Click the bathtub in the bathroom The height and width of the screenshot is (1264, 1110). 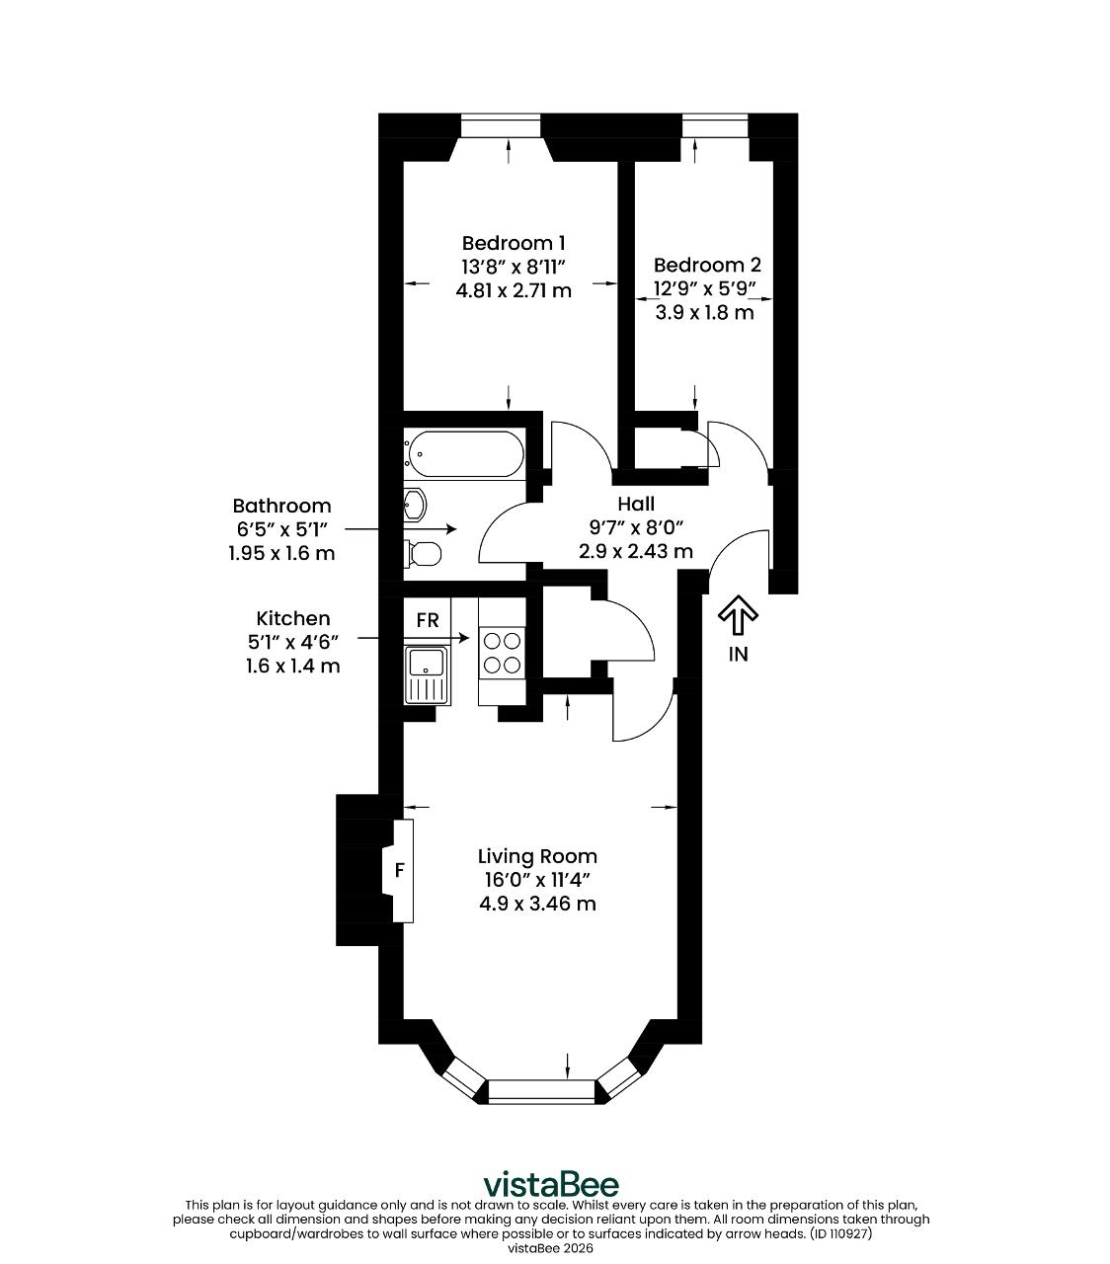click(464, 453)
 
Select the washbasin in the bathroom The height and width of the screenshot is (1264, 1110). click(415, 504)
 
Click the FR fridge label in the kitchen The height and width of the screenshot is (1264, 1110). click(428, 620)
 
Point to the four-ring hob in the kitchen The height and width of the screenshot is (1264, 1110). click(502, 653)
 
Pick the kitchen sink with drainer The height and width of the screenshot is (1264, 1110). click(428, 675)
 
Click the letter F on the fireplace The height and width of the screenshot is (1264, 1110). click(400, 869)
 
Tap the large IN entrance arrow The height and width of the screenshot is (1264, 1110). click(738, 614)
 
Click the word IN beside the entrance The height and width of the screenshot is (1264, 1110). click(738, 654)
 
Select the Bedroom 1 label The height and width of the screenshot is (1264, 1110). click(514, 243)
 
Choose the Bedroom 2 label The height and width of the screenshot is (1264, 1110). click(707, 266)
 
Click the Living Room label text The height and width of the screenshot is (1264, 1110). click(537, 856)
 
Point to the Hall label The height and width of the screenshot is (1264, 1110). click(636, 504)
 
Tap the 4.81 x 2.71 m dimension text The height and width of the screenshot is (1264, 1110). click(514, 290)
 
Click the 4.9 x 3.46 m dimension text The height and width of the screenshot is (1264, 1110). click(537, 904)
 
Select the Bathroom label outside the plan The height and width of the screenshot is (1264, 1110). click(281, 506)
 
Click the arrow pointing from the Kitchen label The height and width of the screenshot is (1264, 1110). click(413, 638)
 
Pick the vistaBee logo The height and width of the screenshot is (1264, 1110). click(552, 1184)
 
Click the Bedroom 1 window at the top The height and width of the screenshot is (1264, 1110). click(501, 125)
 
